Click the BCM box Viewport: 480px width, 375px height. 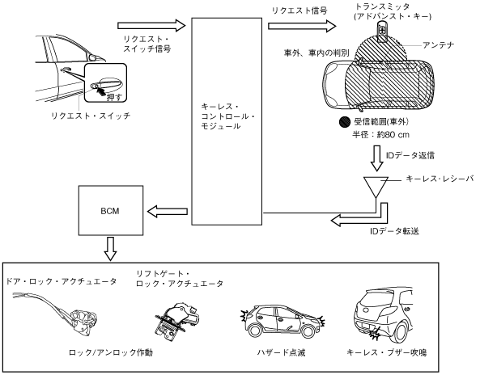pos(111,211)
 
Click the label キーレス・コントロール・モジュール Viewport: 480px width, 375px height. pos(228,116)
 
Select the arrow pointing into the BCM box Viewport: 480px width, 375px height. pos(168,211)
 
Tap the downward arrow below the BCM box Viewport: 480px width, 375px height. pos(110,248)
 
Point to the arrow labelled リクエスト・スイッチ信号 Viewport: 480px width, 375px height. pos(151,25)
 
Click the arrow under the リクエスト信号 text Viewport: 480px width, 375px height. pos(302,26)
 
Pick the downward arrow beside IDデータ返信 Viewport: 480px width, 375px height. pos(377,158)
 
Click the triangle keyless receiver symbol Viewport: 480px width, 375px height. pos(376,187)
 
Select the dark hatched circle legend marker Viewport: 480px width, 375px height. pos(345,122)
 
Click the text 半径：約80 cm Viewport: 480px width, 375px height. pos(380,134)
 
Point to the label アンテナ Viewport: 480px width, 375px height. pos(439,45)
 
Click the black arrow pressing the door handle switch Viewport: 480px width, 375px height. pos(101,90)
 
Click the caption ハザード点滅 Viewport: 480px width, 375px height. pos(281,352)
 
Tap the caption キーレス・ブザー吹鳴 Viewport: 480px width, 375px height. pos(387,352)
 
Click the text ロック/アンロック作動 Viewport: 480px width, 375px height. pos(111,352)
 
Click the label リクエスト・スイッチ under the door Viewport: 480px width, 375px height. pos(91,116)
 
